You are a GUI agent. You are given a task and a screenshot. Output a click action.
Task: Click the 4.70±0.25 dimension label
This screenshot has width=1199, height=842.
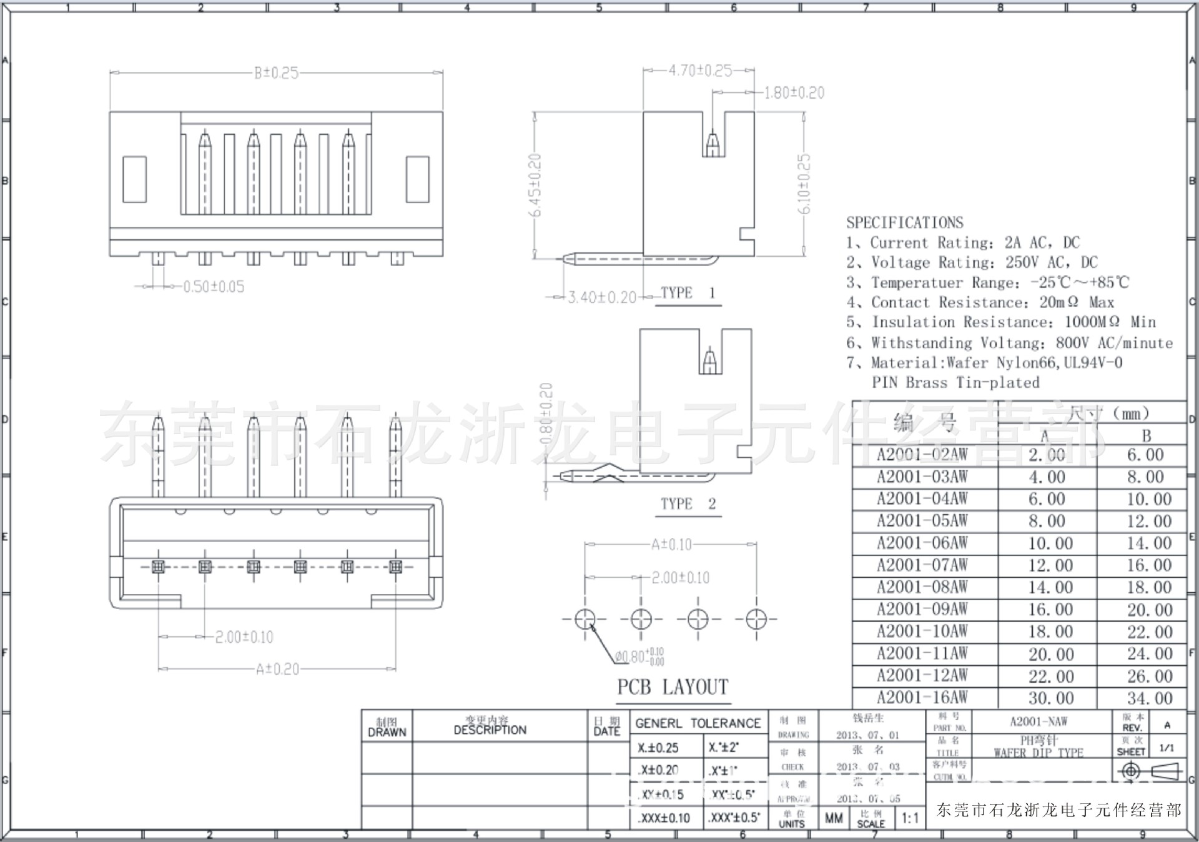pos(700,71)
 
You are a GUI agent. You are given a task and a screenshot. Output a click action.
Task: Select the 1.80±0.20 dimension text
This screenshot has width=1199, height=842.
pos(794,93)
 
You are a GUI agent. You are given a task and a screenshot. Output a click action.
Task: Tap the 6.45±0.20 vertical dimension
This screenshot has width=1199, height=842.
pos(536,185)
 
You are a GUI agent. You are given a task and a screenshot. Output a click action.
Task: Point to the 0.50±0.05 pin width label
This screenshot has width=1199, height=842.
pos(214,287)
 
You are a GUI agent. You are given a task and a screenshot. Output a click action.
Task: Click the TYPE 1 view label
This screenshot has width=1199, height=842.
pos(688,293)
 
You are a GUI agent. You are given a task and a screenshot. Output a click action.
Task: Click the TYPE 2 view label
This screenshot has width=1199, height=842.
pos(688,503)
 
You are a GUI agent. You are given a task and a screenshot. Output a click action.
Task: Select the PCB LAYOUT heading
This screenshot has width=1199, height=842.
pos(673,687)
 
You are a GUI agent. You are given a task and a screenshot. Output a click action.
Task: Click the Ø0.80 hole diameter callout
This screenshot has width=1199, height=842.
pos(639,656)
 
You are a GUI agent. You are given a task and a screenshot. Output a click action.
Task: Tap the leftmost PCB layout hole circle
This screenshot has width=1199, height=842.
pos(585,619)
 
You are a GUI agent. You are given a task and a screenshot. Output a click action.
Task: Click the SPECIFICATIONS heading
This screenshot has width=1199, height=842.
pos(904,222)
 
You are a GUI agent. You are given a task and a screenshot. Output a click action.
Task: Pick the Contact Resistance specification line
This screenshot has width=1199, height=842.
pos(980,302)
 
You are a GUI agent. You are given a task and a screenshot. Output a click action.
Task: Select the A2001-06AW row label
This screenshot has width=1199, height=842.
pos(922,543)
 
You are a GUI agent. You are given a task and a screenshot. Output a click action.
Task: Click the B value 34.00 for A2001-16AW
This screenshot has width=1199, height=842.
pos(1149,698)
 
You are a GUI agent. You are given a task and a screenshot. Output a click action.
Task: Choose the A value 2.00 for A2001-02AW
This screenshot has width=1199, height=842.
pos(1047,455)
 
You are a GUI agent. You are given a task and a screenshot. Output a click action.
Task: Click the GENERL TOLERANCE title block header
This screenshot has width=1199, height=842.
pos(698,723)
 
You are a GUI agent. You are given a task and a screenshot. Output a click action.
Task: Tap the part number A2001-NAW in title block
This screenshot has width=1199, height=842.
pos(1039,721)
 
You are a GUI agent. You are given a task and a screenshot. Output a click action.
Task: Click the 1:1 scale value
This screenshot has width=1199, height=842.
pos(910,818)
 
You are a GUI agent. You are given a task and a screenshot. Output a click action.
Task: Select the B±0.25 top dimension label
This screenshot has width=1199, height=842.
pos(276,73)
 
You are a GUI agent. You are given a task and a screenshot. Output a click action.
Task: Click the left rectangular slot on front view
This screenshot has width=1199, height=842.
pos(134,179)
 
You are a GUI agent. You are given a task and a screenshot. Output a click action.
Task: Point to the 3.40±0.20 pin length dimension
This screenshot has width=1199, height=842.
pos(601,297)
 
